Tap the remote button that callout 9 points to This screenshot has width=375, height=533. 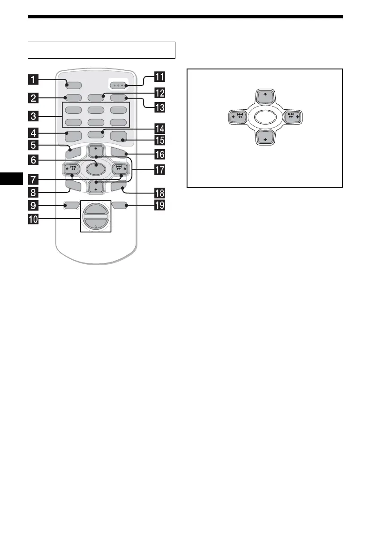point(72,206)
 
